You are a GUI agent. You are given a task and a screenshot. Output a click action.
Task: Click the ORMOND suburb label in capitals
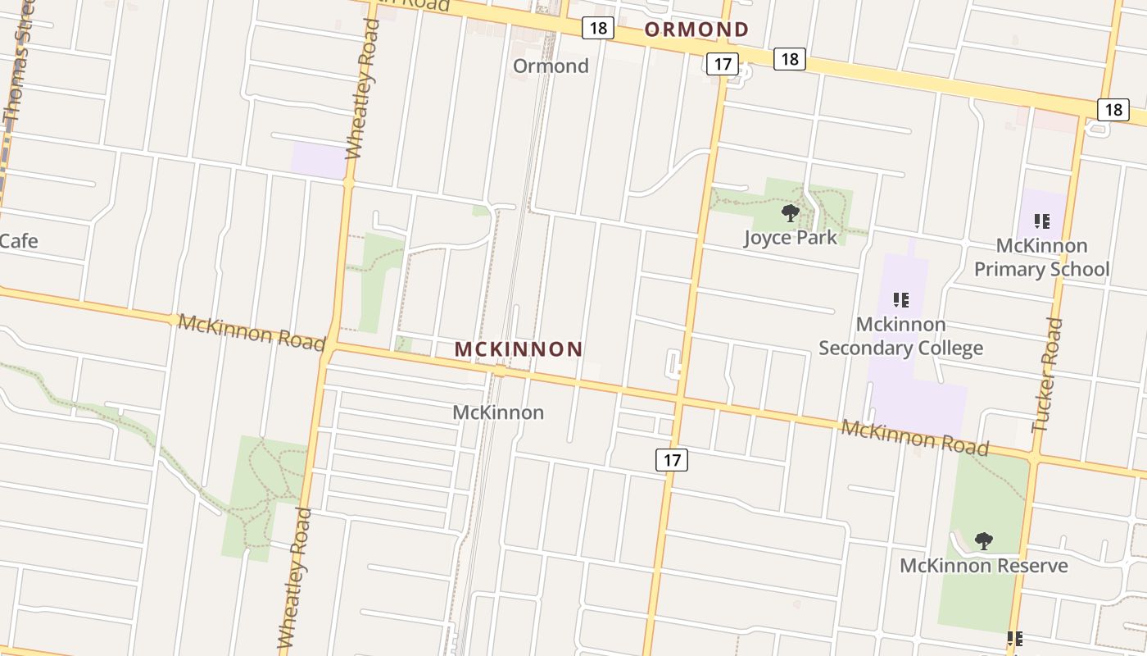696,30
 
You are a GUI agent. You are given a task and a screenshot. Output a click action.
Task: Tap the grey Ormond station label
551,66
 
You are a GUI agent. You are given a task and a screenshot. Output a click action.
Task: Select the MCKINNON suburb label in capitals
519,349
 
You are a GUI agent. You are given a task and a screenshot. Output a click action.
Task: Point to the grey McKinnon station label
498,412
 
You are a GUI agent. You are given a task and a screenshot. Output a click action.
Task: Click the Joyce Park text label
791,238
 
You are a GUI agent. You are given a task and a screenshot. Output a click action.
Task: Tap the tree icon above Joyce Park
791,213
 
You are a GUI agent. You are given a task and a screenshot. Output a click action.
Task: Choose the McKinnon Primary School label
1041,257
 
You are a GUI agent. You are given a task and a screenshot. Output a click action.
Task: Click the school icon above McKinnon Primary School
1041,221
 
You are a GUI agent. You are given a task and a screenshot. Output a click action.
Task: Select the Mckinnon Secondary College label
901,336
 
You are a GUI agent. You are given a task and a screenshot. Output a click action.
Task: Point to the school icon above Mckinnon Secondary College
901,300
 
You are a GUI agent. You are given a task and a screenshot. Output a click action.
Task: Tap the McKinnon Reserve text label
983,566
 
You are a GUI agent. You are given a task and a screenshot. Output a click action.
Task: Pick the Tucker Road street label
1048,375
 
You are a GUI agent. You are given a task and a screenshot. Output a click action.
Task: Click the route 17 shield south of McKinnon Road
672,460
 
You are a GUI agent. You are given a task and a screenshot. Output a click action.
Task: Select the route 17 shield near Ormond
721,64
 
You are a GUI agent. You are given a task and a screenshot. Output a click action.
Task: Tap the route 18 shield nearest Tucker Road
1113,109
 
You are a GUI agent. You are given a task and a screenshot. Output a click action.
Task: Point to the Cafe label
18,241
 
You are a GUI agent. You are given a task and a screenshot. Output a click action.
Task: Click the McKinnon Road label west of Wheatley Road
252,330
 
